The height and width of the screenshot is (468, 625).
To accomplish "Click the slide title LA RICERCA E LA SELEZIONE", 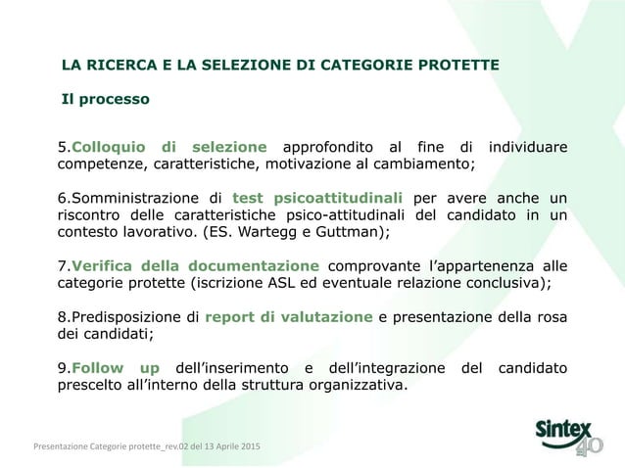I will coord(279,66).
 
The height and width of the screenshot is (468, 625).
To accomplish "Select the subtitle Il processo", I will coord(106,99).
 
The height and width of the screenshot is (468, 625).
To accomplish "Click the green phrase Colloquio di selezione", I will coord(169,147).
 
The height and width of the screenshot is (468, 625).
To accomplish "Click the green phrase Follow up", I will coord(116,367).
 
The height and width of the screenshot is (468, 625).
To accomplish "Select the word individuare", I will coord(527,147).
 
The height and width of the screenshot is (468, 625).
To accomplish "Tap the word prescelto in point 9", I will coord(90,385).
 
